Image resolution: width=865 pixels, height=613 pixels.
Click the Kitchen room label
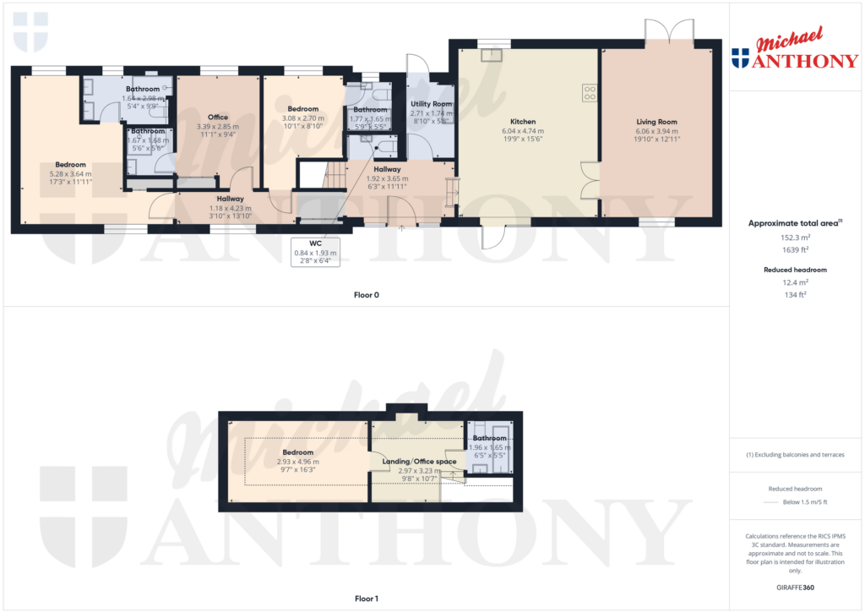click(x=523, y=122)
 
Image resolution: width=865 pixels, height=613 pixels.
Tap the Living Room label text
click(x=656, y=122)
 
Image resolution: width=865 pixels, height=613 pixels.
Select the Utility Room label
click(x=431, y=103)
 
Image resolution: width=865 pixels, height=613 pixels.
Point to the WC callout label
click(x=315, y=243)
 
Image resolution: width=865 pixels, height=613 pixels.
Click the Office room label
click(x=218, y=117)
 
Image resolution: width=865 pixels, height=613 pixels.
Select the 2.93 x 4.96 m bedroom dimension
click(x=297, y=462)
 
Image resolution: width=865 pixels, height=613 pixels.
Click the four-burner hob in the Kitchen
click(x=589, y=93)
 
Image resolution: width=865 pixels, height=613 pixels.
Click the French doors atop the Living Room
click(x=670, y=32)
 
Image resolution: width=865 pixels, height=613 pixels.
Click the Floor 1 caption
click(x=366, y=599)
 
